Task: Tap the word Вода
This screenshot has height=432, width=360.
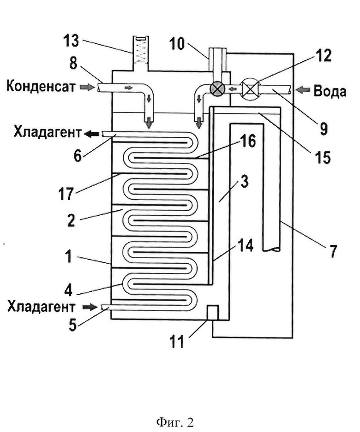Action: click(x=330, y=91)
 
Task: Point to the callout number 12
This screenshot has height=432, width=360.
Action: click(x=324, y=55)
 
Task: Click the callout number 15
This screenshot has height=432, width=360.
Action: click(x=323, y=157)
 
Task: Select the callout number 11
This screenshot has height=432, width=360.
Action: click(x=177, y=341)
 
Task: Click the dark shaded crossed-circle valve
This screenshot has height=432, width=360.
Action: click(x=217, y=89)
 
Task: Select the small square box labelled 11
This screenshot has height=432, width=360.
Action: click(x=213, y=312)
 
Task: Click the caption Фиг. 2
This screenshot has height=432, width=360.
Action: click(x=175, y=422)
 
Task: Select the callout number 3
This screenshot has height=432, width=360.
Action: click(x=244, y=182)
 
